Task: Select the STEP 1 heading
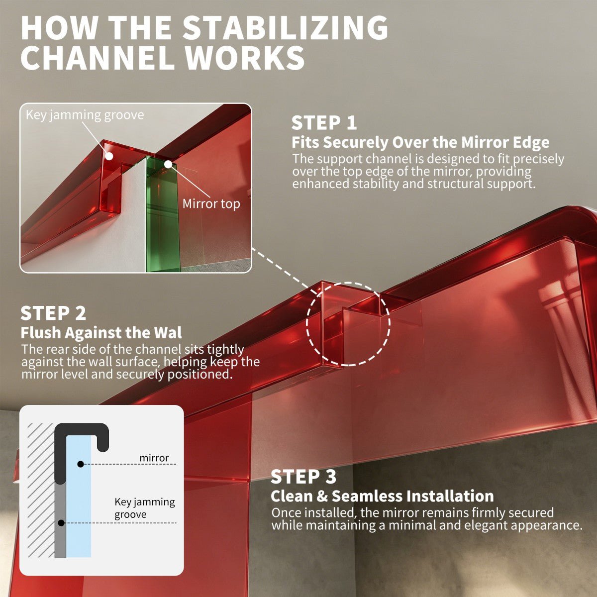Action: tap(324, 123)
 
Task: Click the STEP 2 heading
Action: tap(53, 313)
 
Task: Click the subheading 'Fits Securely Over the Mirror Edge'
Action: tap(420, 142)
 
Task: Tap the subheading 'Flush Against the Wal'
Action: tap(101, 333)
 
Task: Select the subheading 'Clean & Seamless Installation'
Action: tap(382, 496)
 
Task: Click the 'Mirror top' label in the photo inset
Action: tap(211, 204)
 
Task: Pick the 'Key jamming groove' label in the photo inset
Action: tap(85, 115)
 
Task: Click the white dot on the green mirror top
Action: tap(168, 164)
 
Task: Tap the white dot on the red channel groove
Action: tap(109, 156)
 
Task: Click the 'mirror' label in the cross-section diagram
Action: tap(154, 458)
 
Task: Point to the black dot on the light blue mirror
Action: tap(81, 464)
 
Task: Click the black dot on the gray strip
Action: tap(61, 523)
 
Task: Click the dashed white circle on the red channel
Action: tap(307, 324)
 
